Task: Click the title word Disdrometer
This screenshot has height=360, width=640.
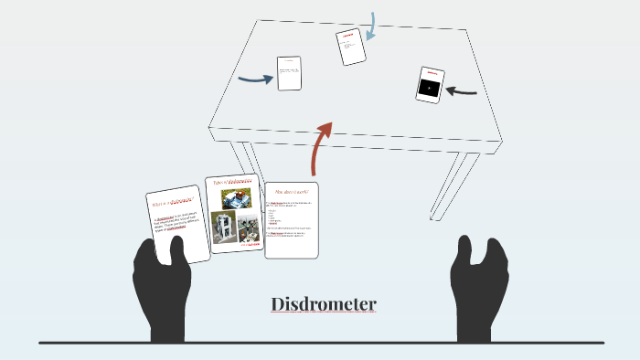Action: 324,304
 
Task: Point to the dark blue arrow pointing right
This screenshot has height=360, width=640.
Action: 256,79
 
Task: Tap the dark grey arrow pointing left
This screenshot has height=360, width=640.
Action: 462,90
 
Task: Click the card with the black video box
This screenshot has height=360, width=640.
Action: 429,84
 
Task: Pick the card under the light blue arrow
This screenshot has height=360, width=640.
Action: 350,47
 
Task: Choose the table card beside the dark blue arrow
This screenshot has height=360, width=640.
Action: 289,73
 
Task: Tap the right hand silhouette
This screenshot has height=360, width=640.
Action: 478,284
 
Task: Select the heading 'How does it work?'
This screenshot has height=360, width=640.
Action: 292,192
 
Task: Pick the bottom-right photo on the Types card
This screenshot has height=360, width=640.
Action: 249,228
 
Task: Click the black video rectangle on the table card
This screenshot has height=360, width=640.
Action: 429,89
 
